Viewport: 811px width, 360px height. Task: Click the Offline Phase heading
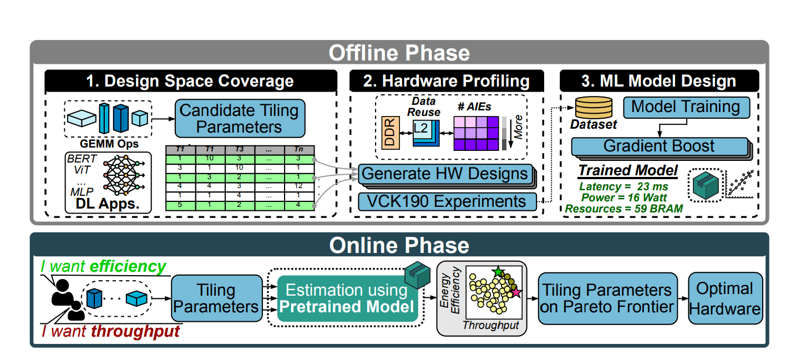click(399, 53)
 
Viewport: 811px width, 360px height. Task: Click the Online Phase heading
click(399, 245)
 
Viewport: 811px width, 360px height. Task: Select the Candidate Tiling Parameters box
click(240, 118)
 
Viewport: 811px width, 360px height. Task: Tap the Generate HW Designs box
click(444, 174)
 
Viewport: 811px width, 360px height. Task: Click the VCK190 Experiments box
click(447, 201)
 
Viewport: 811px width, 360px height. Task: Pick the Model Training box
click(686, 107)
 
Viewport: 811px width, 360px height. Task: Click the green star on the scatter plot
click(498, 272)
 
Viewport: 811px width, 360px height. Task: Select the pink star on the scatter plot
click(515, 292)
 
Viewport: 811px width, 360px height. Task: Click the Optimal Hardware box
click(725, 298)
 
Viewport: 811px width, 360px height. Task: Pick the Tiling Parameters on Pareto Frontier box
click(607, 298)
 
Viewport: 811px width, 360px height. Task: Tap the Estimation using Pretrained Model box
click(347, 298)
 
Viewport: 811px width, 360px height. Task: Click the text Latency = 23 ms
click(623, 187)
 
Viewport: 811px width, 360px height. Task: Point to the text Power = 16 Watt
click(623, 197)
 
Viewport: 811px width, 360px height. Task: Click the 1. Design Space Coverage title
click(190, 81)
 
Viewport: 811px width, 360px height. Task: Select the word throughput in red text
click(136, 332)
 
